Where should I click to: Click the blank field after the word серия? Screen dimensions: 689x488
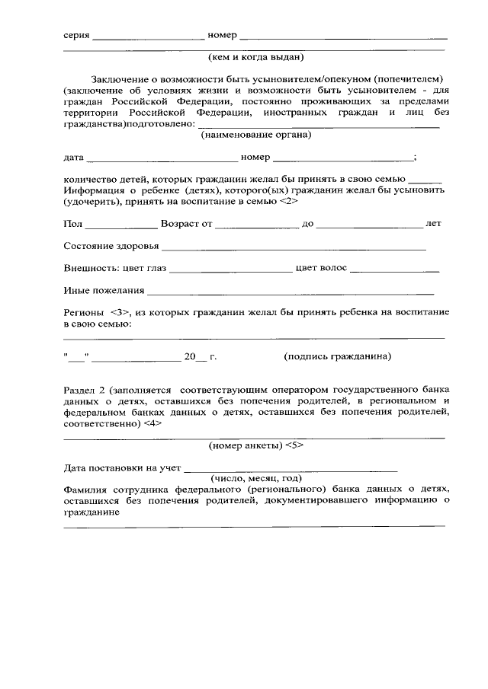click(148, 37)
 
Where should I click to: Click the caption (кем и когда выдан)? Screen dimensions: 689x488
click(255, 56)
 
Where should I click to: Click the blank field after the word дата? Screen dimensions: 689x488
click(162, 158)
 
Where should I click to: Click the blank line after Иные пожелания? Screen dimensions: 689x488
click(291, 290)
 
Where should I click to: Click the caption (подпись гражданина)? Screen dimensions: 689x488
click(338, 356)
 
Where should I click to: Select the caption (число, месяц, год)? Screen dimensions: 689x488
click(256, 478)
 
